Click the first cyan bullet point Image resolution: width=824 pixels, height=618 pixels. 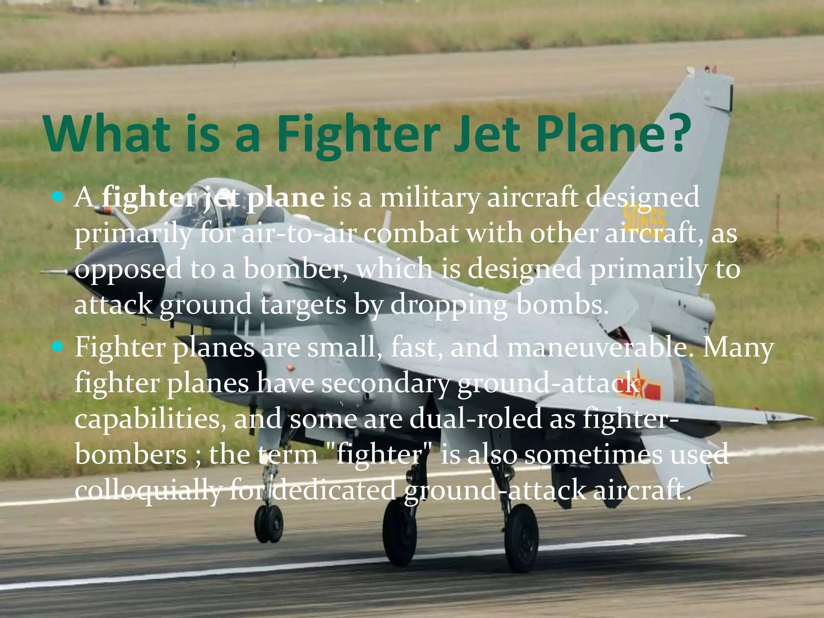[x=58, y=197]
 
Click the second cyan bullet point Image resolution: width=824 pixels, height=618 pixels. [x=58, y=346]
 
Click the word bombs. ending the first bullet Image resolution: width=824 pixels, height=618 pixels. [x=562, y=305]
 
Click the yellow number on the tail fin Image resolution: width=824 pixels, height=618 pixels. [x=644, y=217]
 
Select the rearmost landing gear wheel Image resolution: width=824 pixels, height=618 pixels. [x=521, y=537]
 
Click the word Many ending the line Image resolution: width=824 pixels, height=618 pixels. [x=738, y=347]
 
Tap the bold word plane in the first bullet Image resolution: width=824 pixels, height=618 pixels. [x=285, y=198]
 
